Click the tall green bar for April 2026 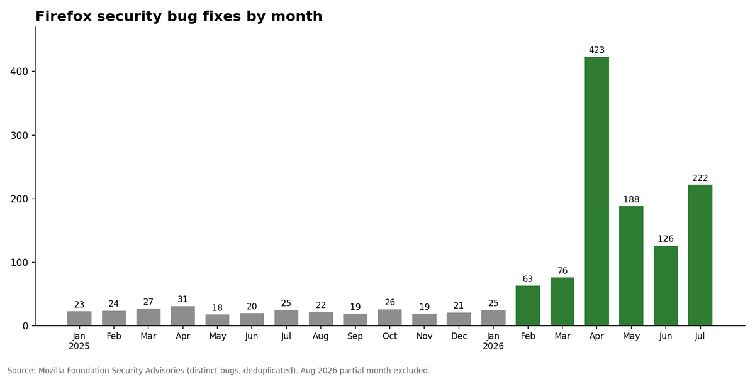pos(596,191)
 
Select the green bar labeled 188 pos(631,266)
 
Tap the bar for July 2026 pos(700,255)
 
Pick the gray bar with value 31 pos(182,316)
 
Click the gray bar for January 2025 pos(79,319)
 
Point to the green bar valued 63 pos(527,305)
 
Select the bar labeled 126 pos(666,286)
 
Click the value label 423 pos(596,50)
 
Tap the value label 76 pos(562,271)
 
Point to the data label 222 pos(700,178)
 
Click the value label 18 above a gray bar pos(217,308)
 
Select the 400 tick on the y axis pos(19,72)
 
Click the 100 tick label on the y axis pos(19,262)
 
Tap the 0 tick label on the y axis pos(25,326)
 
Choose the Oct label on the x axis pos(389,336)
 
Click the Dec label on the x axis pos(459,336)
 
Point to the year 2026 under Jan pos(493,346)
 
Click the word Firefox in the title pos(64,16)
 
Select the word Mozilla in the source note pos(50,371)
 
